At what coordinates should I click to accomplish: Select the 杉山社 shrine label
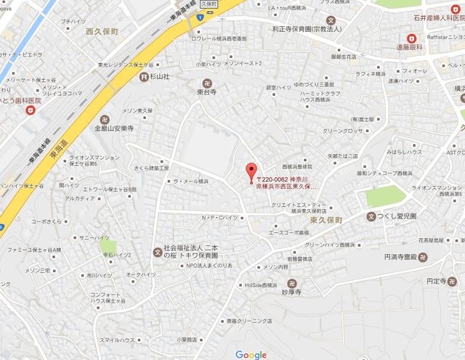coord(158,75)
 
